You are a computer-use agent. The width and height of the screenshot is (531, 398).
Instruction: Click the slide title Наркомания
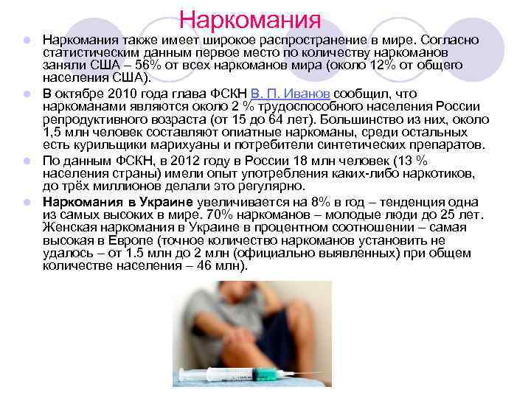[251, 18]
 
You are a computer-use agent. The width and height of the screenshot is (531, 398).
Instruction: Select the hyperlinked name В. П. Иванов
[291, 94]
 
